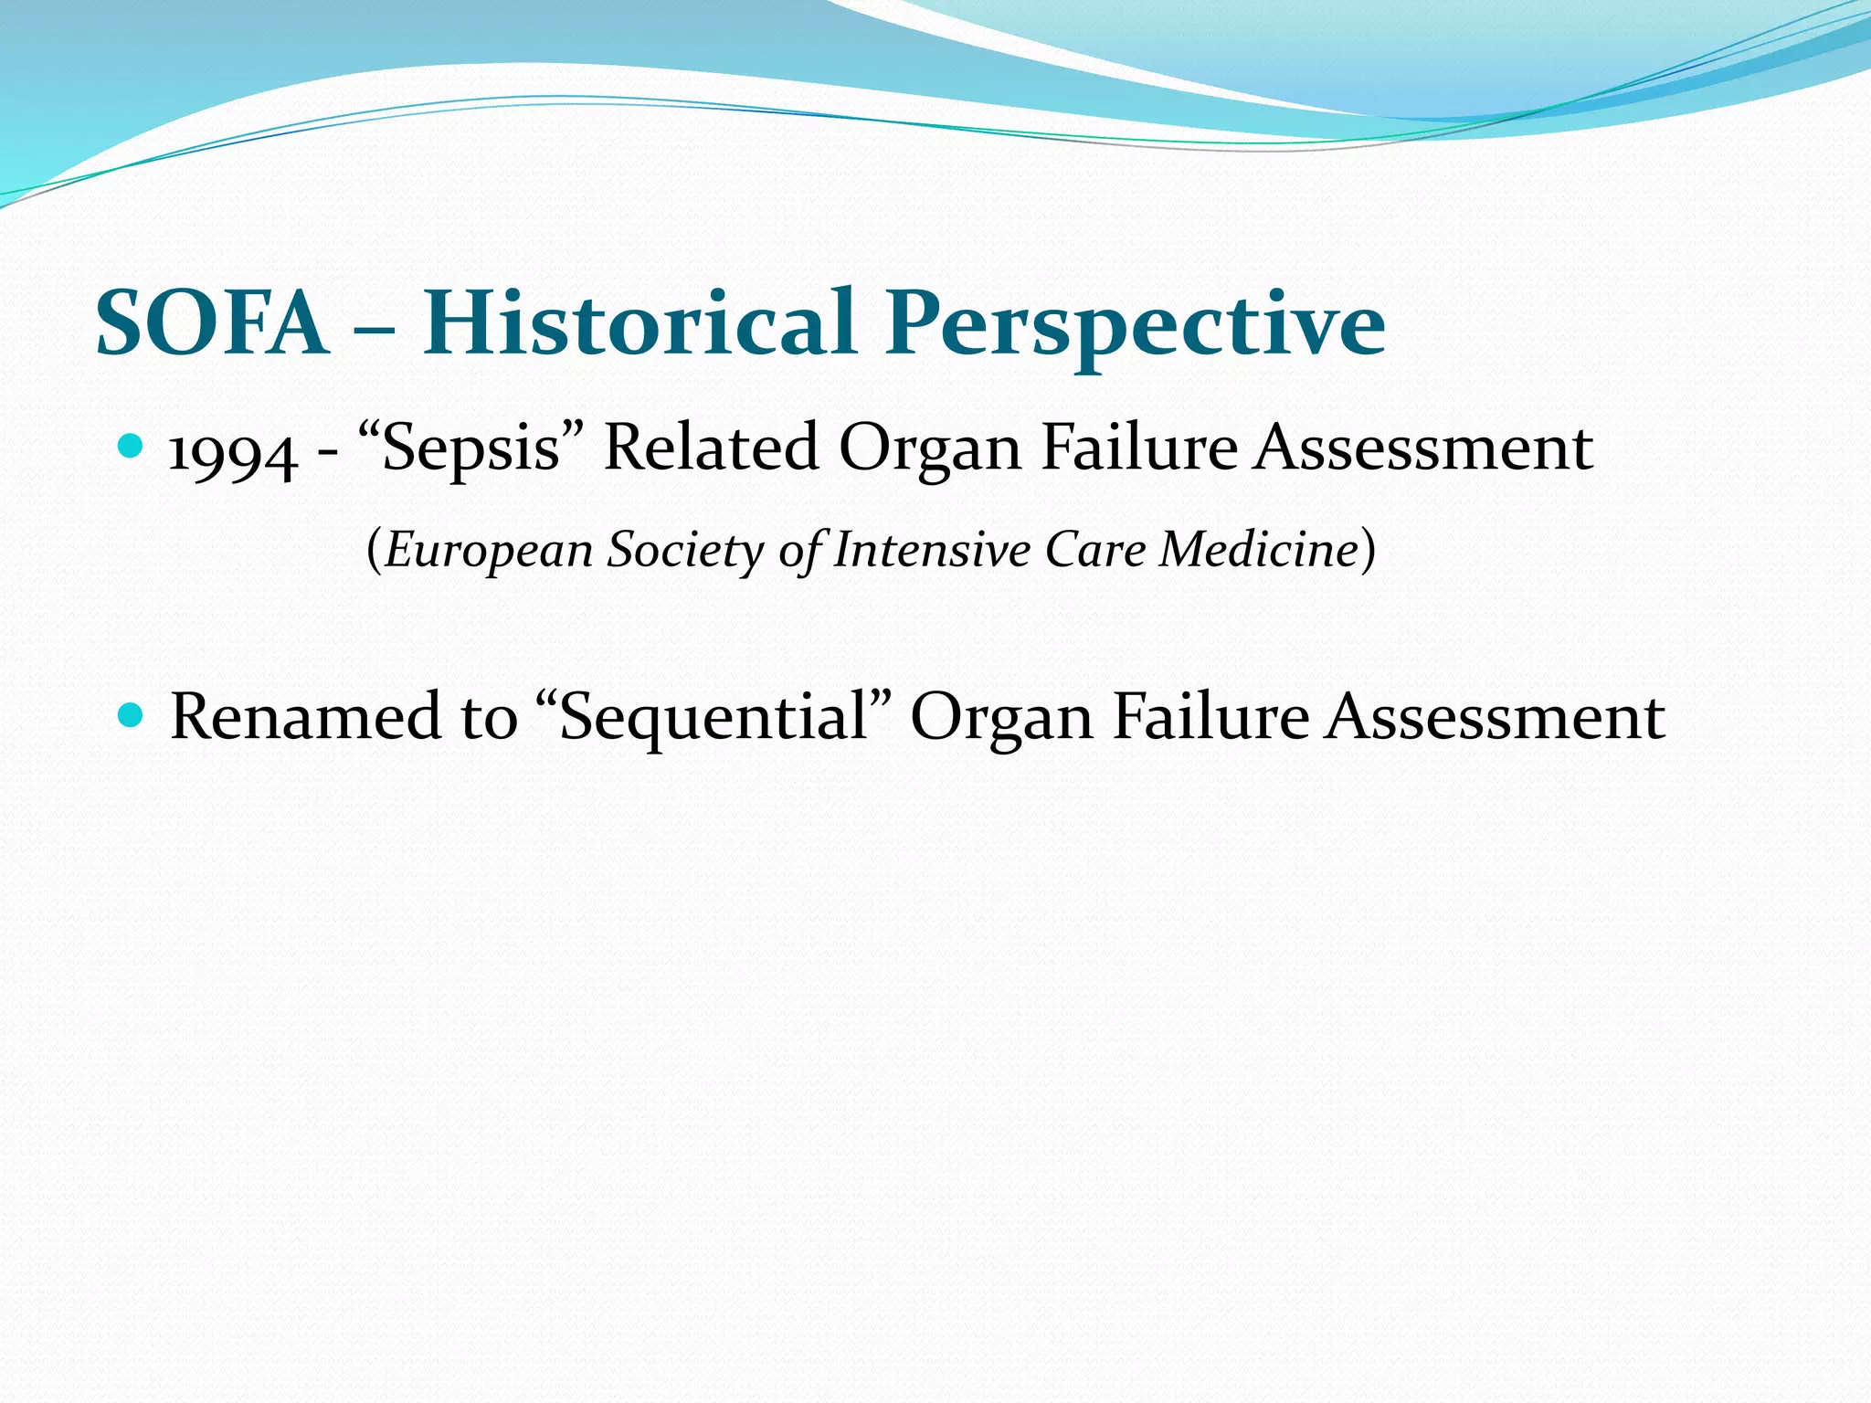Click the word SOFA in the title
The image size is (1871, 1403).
pyautogui.click(x=212, y=324)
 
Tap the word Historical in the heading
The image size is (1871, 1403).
pyautogui.click(x=639, y=324)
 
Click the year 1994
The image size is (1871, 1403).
pyautogui.click(x=233, y=452)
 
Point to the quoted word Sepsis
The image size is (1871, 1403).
pyautogui.click(x=471, y=449)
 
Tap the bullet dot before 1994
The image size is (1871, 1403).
pyautogui.click(x=132, y=447)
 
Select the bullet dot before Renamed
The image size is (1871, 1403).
pyautogui.click(x=132, y=714)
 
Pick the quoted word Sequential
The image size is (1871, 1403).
pyautogui.click(x=712, y=718)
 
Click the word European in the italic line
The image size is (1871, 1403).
pyautogui.click(x=489, y=551)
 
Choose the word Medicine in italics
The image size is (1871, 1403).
pyautogui.click(x=1259, y=549)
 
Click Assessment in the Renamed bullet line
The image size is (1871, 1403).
pyautogui.click(x=1496, y=717)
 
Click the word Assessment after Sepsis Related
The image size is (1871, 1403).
pyautogui.click(x=1423, y=448)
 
